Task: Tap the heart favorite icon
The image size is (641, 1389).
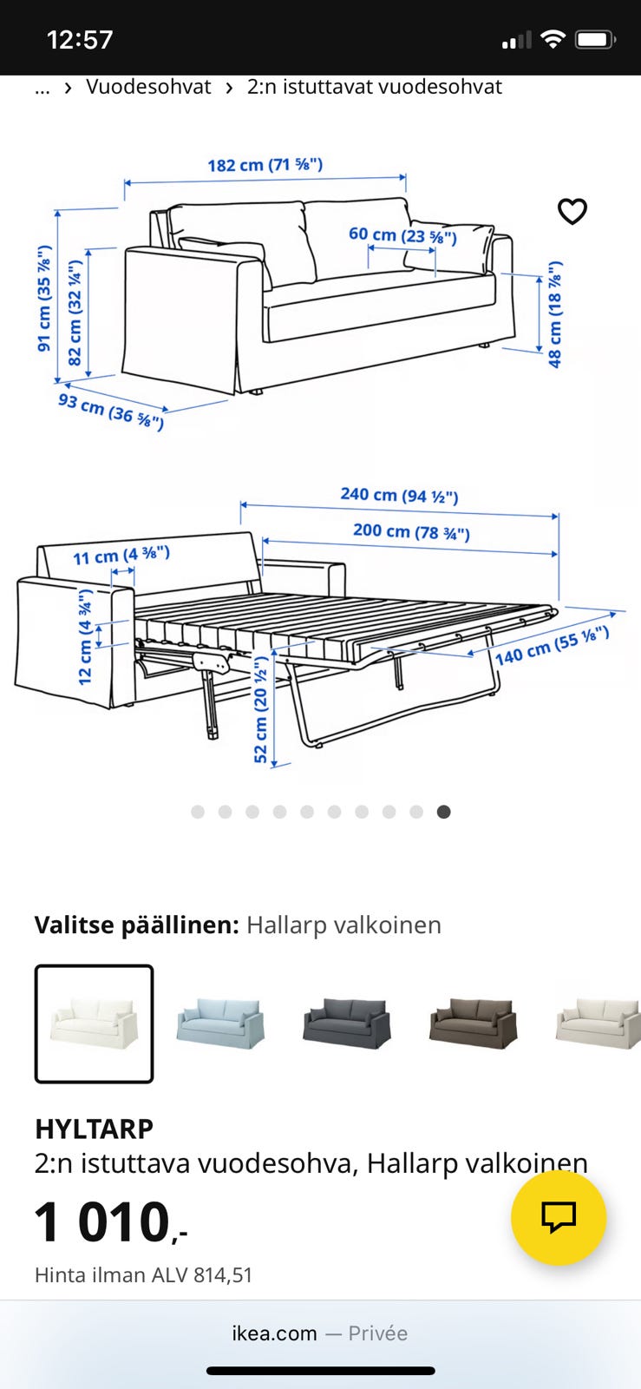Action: coord(572,211)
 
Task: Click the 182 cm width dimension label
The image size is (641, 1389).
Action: coord(265,164)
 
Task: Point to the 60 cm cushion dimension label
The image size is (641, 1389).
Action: coord(402,235)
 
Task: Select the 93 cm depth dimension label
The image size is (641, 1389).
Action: coord(110,411)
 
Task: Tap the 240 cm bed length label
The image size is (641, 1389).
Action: coord(399,495)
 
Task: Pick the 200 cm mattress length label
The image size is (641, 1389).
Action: coord(411,531)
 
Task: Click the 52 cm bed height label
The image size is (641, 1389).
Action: coord(260,709)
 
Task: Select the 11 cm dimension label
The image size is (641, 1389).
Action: coord(121,556)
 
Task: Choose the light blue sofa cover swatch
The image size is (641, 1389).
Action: coord(220,1024)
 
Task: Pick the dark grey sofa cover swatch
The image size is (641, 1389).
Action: coord(346,1024)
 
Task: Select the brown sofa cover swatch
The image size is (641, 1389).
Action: coord(473,1024)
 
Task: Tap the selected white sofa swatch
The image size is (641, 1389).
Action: coord(95,1024)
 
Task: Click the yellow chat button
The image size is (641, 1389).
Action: coord(558,1217)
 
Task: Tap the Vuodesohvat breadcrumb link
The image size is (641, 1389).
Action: coord(148,87)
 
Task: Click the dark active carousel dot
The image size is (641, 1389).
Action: coord(443,812)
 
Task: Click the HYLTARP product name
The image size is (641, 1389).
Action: coord(94,1129)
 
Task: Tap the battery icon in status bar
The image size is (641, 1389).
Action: coord(595,40)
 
